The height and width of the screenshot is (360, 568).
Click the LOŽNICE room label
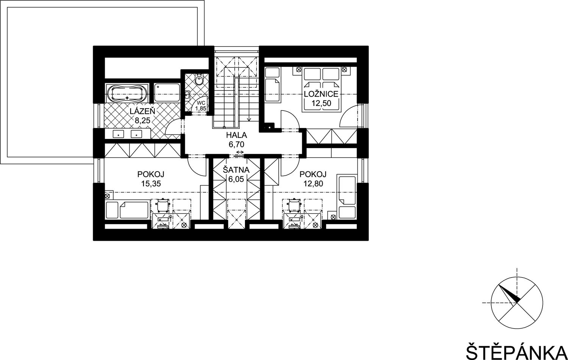(x=321, y=94)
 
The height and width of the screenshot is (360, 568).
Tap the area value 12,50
(x=321, y=103)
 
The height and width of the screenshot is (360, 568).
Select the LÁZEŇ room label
(x=142, y=111)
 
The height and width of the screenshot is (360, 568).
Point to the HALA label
(x=236, y=135)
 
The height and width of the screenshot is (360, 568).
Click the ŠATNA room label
(x=236, y=170)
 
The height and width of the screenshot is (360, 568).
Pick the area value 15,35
(x=151, y=184)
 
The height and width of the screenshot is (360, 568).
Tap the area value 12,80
(x=313, y=184)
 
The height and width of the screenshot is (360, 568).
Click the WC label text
(x=201, y=103)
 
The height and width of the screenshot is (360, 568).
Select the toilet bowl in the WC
(x=199, y=79)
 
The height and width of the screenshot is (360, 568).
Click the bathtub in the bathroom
(x=127, y=93)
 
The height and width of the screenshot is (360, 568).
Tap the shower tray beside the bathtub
(x=167, y=93)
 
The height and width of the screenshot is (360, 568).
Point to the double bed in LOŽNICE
(x=321, y=89)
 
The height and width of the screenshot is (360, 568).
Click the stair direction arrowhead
(x=249, y=118)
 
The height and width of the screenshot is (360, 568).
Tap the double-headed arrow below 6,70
(x=240, y=152)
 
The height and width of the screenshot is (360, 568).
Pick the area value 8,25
(x=142, y=120)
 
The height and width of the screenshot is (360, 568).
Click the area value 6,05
(x=236, y=179)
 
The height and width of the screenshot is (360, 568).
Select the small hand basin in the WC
(x=187, y=95)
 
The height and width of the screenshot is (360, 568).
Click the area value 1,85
(x=201, y=108)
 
